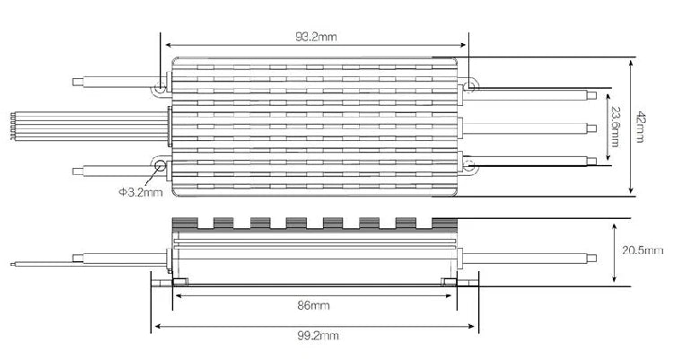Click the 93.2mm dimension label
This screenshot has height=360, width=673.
[x=316, y=37]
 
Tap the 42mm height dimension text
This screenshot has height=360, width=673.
[x=640, y=127]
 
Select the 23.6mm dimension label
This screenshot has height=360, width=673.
[x=615, y=127]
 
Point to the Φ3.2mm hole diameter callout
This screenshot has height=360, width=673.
[x=141, y=192]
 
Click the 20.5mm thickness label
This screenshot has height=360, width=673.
[x=642, y=250]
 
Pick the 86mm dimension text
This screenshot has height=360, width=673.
[x=313, y=305]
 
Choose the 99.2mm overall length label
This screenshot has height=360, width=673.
[x=318, y=336]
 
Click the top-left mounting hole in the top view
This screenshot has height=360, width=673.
[x=160, y=90]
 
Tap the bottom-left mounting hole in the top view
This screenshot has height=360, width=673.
[x=161, y=165]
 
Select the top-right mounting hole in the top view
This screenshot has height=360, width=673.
[x=470, y=86]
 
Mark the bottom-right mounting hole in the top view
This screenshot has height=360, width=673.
[x=469, y=165]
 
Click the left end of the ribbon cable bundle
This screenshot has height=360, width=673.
[x=13, y=126]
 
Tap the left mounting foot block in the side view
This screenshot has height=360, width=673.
[x=179, y=282]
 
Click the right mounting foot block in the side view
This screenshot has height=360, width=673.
[x=449, y=282]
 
